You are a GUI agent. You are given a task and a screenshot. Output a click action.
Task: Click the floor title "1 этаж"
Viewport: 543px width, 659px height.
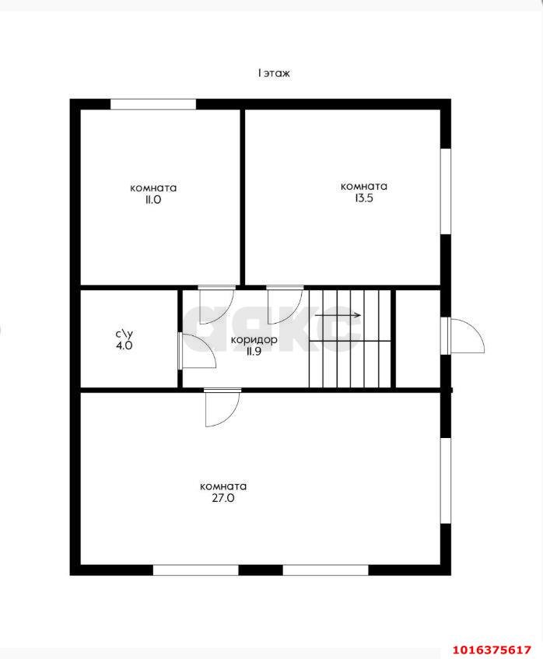pyautogui.click(x=274, y=73)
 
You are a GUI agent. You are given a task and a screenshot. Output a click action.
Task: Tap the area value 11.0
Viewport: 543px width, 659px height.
pyautogui.click(x=153, y=200)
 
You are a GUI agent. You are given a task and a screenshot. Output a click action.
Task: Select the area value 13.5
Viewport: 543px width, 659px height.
pyautogui.click(x=364, y=198)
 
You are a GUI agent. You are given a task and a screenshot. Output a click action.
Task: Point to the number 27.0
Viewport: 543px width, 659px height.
pyautogui.click(x=223, y=499)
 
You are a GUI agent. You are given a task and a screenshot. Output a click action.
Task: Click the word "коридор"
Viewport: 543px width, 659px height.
pyautogui.click(x=254, y=339)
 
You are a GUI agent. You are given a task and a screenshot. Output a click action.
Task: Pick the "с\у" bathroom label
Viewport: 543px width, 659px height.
pyautogui.click(x=124, y=334)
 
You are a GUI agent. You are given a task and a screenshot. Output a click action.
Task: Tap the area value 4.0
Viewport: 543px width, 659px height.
pyautogui.click(x=124, y=345)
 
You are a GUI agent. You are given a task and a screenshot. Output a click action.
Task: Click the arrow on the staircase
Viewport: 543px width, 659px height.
pyautogui.click(x=338, y=315)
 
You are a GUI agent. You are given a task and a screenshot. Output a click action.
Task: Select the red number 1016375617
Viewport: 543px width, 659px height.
pyautogui.click(x=492, y=650)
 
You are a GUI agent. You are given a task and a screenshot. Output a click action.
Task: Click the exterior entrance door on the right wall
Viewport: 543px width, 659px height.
pyautogui.click(x=466, y=335)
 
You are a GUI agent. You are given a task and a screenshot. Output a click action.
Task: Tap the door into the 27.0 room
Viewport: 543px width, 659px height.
pyautogui.click(x=222, y=408)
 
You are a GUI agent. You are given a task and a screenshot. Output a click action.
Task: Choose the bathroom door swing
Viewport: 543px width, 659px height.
pyautogui.click(x=197, y=352)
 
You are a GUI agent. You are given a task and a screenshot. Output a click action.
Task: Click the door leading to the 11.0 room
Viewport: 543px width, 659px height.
pyautogui.click(x=216, y=305)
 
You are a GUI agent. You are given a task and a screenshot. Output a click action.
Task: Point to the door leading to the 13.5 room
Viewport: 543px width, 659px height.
pyautogui.click(x=285, y=305)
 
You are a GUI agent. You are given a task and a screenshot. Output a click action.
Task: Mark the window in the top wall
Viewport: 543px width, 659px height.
pyautogui.click(x=153, y=104)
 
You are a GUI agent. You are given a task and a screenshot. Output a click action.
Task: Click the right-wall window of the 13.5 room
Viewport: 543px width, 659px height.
pyautogui.click(x=446, y=191)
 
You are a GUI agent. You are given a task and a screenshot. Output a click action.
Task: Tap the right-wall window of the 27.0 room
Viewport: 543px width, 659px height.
pyautogui.click(x=446, y=481)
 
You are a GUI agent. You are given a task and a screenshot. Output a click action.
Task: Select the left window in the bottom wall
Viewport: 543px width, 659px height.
pyautogui.click(x=196, y=570)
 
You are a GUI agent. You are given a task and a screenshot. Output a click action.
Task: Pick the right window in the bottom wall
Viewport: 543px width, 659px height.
pyautogui.click(x=326, y=570)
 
